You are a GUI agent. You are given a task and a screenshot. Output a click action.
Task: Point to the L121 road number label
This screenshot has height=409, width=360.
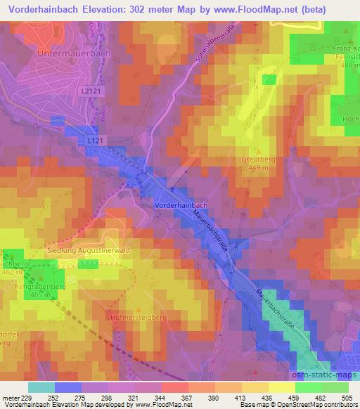point(97,141)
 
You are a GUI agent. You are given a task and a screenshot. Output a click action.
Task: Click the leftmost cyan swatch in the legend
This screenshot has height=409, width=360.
point(41,387)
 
